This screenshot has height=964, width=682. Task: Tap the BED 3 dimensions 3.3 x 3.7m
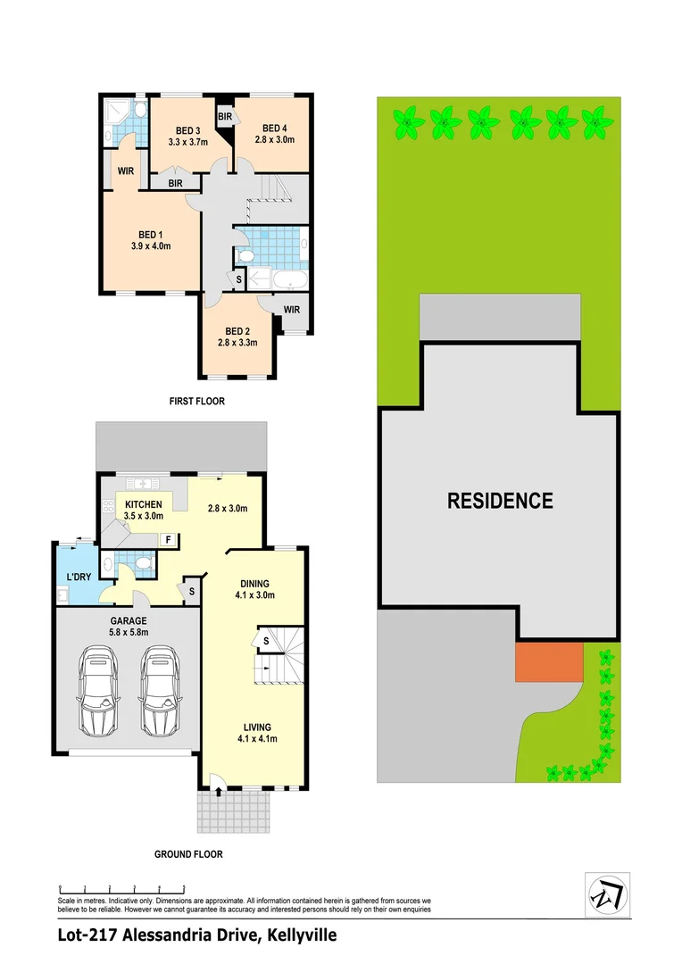(x=187, y=141)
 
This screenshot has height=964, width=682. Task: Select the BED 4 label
(x=274, y=127)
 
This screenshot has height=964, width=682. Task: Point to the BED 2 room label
(x=237, y=329)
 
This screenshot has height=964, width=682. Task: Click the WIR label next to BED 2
(x=291, y=311)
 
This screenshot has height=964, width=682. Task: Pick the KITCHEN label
(x=143, y=504)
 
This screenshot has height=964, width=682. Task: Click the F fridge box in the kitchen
(x=168, y=539)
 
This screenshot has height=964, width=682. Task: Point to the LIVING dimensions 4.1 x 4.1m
(x=255, y=739)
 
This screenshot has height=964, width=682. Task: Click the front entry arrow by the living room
(x=220, y=790)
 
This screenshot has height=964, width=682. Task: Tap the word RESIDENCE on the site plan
(x=500, y=500)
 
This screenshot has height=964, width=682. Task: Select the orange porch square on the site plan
(x=549, y=661)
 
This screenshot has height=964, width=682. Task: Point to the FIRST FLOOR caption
(x=197, y=402)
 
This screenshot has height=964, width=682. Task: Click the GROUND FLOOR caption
(x=188, y=854)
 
